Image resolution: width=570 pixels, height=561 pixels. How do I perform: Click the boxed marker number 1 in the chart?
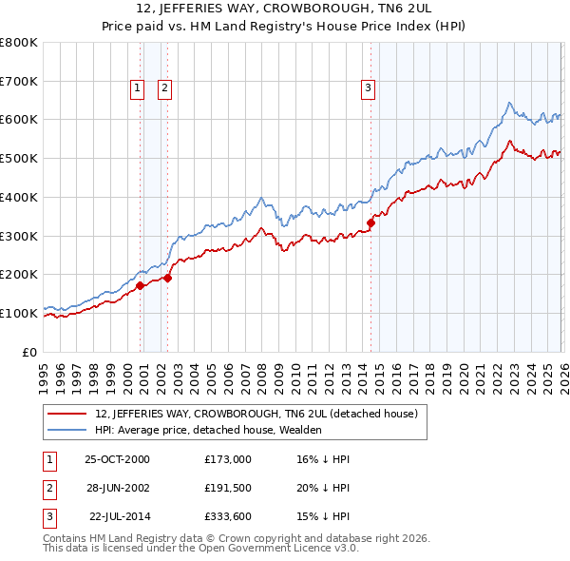[x=137, y=88]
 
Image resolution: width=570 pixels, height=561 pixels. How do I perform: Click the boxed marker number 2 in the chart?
[x=164, y=88]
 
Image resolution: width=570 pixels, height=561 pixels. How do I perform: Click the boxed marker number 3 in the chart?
[x=368, y=88]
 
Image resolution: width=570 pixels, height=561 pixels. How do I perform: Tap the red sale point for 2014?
[x=370, y=223]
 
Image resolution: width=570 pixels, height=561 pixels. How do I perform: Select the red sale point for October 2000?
[x=140, y=284]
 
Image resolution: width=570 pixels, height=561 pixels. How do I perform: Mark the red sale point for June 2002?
[x=168, y=278]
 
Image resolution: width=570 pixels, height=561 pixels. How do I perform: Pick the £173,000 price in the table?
[x=228, y=459]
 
